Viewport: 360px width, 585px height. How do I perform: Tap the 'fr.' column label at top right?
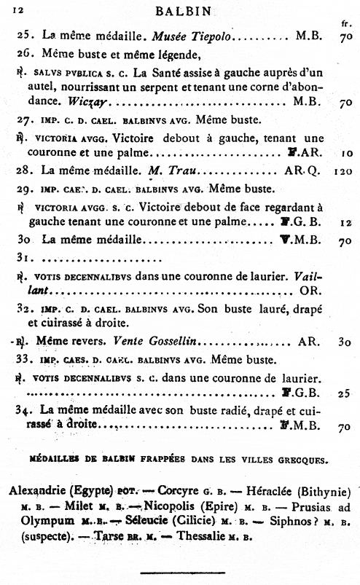point(345,23)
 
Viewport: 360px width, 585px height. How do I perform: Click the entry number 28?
point(27,172)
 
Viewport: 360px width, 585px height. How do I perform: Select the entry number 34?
point(26,410)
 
